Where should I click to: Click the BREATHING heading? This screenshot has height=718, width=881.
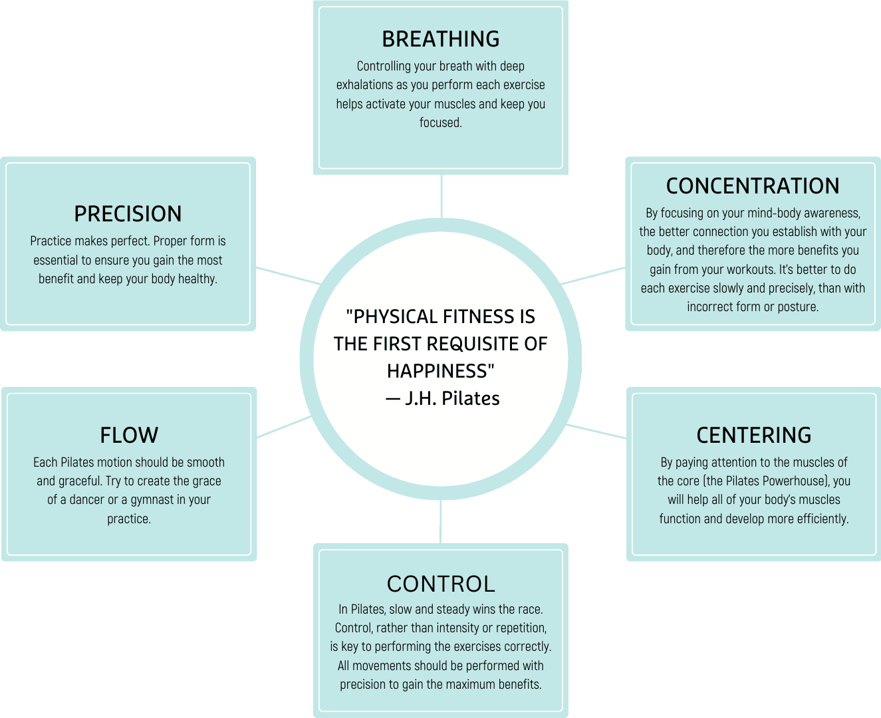tap(440, 39)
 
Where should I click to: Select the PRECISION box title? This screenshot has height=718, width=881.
tap(128, 214)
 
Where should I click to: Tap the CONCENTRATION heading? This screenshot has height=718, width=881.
tap(753, 186)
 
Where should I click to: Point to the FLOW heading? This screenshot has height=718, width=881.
tap(129, 435)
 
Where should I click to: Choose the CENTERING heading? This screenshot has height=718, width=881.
tap(753, 435)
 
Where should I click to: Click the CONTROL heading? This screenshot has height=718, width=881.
tap(441, 584)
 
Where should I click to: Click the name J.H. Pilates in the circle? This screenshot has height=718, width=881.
tap(452, 398)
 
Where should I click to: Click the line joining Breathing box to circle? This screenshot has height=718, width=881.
tap(441, 195)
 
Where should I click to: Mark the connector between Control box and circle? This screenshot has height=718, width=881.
tap(441, 523)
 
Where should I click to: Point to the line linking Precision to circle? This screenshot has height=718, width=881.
tap(287, 275)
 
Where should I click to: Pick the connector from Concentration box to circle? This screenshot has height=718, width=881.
tap(593, 276)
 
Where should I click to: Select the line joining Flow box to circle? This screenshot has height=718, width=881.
tap(284, 427)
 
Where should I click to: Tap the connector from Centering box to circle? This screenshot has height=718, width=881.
tap(596, 431)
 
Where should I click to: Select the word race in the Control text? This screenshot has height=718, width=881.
tap(529, 610)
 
